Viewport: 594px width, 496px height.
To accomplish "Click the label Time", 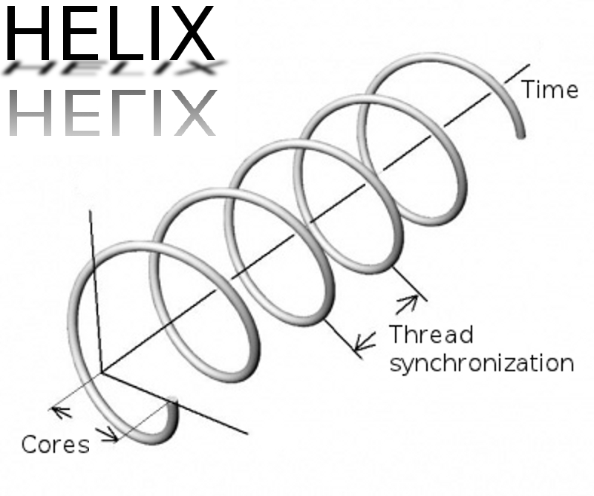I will pos(550,90).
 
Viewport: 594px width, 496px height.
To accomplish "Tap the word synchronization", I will pos(482,364).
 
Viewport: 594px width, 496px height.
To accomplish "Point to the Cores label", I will pos(56,445).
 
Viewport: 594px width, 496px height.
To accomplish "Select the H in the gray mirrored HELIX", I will pos(31,112).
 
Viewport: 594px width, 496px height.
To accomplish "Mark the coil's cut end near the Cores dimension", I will pos(174,405).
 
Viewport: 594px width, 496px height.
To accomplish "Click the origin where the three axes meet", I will pos(101,373).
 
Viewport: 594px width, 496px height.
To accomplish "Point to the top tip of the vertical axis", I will pos(90,211).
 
